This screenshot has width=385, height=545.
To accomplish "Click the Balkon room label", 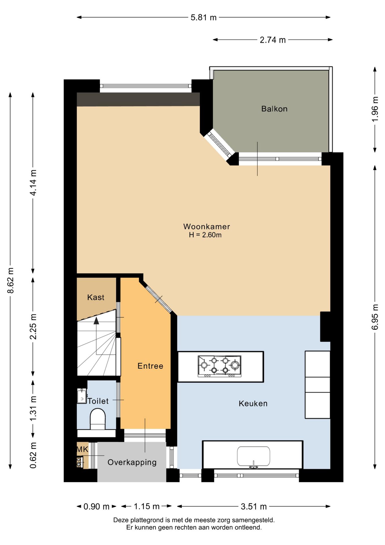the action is coord(274,109).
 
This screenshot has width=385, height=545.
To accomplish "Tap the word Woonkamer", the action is coord(206,227).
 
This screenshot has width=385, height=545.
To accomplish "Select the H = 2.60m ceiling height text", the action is coord(205,235).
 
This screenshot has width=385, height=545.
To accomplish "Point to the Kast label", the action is coord(96,297).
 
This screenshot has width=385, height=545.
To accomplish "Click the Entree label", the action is coord(150,366).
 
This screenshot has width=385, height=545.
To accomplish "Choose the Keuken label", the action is coord(253,403).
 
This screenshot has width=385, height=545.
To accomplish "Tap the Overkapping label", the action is coord(132,462).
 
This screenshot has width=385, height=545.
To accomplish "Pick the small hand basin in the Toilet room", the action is coord(82,396).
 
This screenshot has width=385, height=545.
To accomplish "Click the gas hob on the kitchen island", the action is coord(219,366).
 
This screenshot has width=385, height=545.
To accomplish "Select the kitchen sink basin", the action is coord(253,456).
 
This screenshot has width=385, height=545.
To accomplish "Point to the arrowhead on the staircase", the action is coord(96,320).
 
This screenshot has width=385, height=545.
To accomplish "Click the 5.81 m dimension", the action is coord(204,18).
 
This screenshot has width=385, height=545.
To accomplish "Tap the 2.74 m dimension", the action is coord(273,40).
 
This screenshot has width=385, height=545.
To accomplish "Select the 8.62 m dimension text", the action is coord(10,280).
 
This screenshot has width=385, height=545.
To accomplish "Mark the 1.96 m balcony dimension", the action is coord(375,109).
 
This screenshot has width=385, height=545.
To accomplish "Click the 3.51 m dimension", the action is coord(254,506).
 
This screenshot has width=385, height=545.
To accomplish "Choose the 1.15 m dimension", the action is coord(147,506).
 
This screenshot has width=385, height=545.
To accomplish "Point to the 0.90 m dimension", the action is coord(96,507).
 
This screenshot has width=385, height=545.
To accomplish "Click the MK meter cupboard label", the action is coord(82,449).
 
